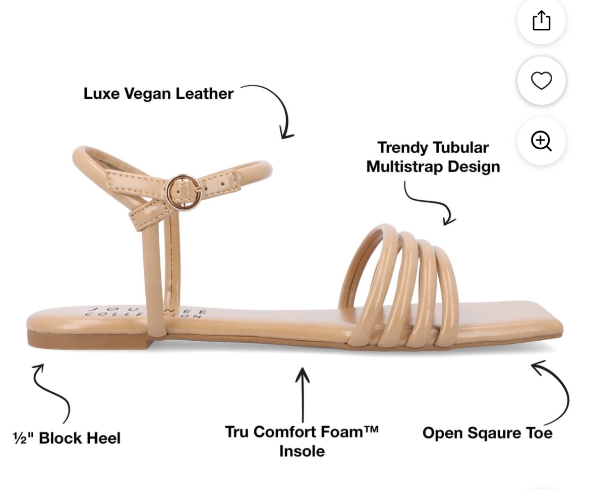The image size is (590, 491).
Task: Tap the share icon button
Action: pyautogui.click(x=542, y=20)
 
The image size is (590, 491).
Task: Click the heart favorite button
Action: pyautogui.click(x=542, y=81)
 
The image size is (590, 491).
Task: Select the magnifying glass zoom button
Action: pyautogui.click(x=542, y=141)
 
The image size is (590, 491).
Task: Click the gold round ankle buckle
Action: pyautogui.click(x=184, y=193)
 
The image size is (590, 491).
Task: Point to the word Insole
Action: pyautogui.click(x=302, y=451)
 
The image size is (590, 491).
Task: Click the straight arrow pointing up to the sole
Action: pyautogui.click(x=303, y=395)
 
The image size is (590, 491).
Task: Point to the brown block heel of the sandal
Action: pyautogui.click(x=90, y=340)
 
